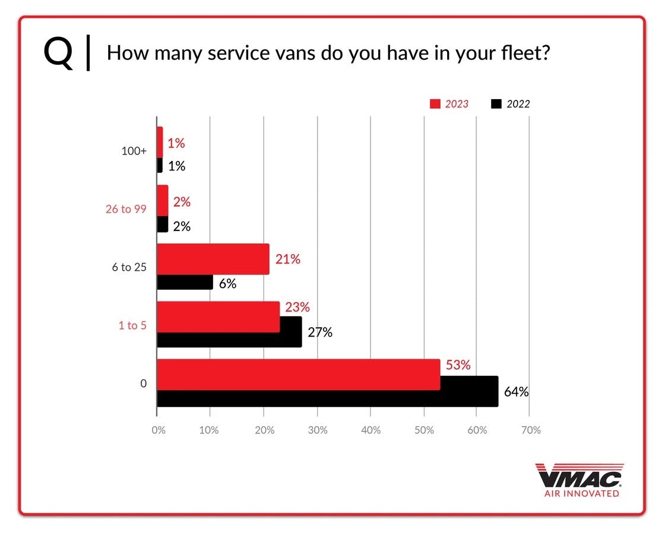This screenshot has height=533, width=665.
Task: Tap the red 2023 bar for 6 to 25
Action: pyautogui.click(x=213, y=259)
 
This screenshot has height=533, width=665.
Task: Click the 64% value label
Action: pyautogui.click(x=516, y=392)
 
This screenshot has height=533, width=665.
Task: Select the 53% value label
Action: pyautogui.click(x=458, y=365)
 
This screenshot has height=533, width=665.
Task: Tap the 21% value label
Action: pyautogui.click(x=288, y=259)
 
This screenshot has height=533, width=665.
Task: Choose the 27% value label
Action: pyautogui.click(x=319, y=332)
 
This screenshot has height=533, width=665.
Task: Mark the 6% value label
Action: pyautogui.click(x=227, y=284)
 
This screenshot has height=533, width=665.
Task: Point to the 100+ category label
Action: pyautogui.click(x=134, y=151)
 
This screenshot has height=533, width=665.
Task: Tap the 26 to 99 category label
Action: pyautogui.click(x=126, y=210)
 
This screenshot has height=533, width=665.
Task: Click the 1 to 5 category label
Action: pyautogui.click(x=133, y=325)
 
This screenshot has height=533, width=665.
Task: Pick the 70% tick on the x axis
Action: pyautogui.click(x=530, y=430)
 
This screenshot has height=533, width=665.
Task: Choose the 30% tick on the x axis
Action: pyautogui.click(x=318, y=430)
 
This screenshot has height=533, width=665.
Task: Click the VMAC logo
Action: pyautogui.click(x=579, y=479)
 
